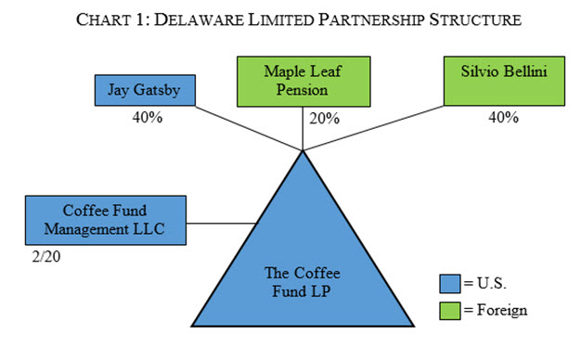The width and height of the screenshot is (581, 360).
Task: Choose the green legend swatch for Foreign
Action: pyautogui.click(x=448, y=310)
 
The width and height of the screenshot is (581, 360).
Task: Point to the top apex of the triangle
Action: pyautogui.click(x=303, y=150)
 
